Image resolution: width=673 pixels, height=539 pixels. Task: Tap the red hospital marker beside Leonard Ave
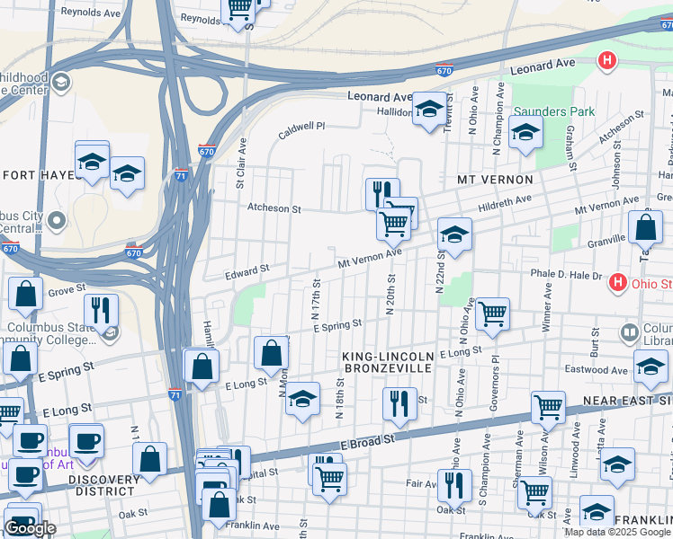[608, 61]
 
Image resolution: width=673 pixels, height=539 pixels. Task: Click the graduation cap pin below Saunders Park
[526, 133]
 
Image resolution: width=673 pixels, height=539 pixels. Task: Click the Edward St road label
[247, 269]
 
